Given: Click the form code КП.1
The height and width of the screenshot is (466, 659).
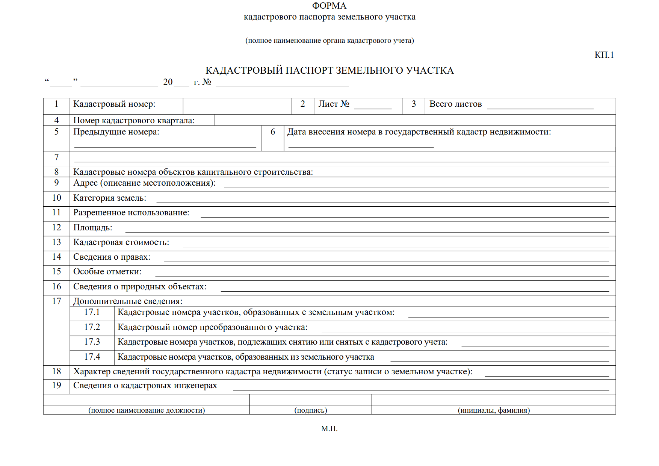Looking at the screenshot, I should coord(604,55).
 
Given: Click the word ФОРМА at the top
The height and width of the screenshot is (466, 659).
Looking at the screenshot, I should coord(329,6).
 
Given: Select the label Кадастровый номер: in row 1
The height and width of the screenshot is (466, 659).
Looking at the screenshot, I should coord(114,104).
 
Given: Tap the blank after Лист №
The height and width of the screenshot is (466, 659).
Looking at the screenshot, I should coord(373,105).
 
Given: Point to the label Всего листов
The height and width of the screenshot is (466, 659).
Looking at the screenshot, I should coord(455,104).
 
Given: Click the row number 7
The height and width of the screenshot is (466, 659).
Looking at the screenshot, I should coord(56,157).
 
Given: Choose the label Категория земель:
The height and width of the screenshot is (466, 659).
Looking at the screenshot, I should coord(110,198).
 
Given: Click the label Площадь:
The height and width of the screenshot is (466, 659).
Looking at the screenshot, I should coord(93,228).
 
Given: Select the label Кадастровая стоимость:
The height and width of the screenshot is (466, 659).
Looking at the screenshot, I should coord(121,242).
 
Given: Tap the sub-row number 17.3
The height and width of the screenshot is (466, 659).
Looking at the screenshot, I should coord(92,342).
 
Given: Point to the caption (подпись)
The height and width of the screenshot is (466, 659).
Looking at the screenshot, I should coord(311,410).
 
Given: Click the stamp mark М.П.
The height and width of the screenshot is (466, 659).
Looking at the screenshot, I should coord(329,428).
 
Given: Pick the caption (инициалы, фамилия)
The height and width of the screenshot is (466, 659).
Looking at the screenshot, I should coord(494,410).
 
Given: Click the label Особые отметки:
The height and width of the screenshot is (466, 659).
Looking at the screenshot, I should coord(107,272).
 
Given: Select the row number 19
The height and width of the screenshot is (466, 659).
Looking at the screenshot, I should coord(56,385).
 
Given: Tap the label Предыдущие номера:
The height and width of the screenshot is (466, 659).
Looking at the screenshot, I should coord(116,132).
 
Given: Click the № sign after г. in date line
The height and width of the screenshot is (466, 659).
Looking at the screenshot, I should coord(207,82).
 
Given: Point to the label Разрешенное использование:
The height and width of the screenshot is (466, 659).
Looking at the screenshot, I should coord(131,213).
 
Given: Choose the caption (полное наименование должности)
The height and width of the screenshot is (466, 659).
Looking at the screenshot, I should coord(147,410).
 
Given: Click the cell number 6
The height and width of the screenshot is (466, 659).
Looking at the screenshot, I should coord(273,132).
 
